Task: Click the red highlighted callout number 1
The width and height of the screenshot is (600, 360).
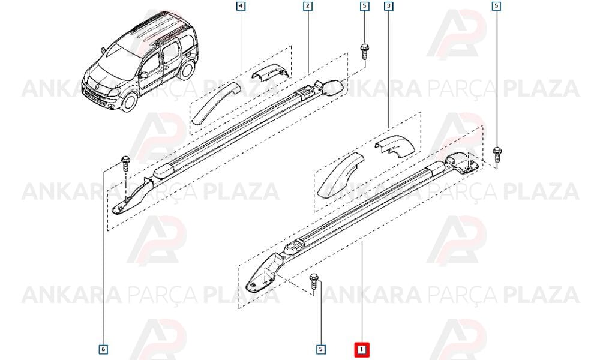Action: click(361, 349)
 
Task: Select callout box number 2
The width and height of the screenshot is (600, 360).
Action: click(307, 6)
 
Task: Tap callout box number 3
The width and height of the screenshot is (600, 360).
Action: click(389, 6)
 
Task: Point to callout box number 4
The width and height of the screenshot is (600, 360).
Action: click(241, 6)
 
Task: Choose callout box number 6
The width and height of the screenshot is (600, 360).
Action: click(103, 349)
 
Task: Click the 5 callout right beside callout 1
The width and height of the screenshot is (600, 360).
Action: click(320, 349)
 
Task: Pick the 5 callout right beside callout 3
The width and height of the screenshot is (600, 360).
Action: click(364, 6)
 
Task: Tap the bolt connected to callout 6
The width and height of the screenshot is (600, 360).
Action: click(125, 164)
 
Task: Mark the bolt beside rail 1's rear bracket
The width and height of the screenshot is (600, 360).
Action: click(497, 155)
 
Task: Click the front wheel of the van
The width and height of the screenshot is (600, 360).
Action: click(128, 101)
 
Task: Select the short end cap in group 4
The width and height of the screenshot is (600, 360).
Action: click(268, 72)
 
